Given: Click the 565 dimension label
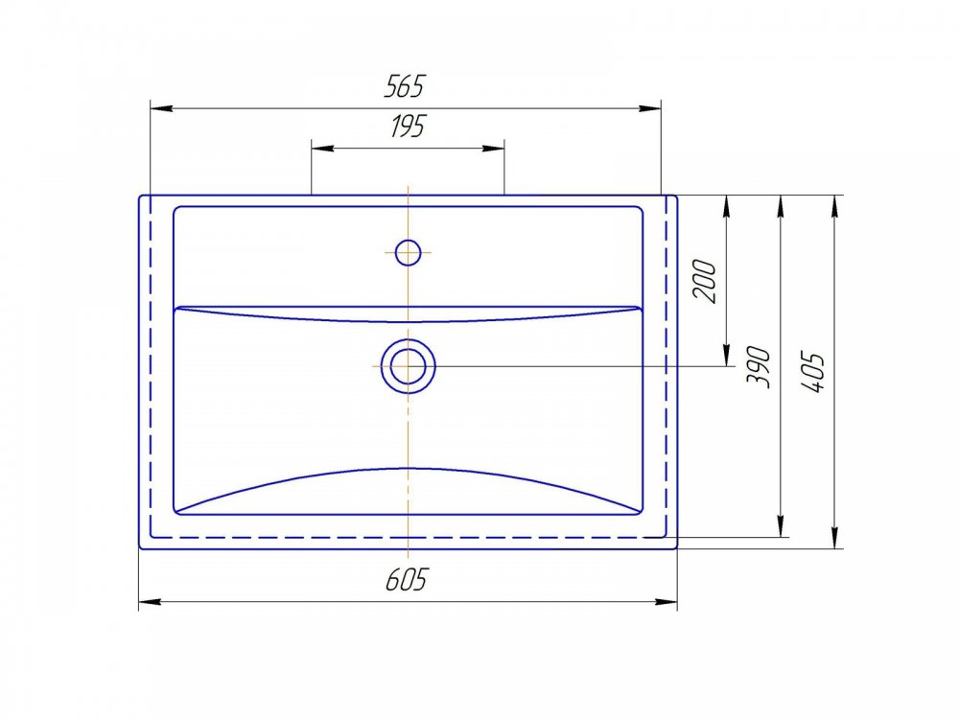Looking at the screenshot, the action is point(404,86).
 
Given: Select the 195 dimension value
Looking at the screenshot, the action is point(408,127).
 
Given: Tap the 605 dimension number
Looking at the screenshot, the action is point(406,580).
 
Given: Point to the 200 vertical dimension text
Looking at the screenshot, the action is point(704,281).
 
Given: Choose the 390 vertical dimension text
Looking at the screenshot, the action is point(759,366).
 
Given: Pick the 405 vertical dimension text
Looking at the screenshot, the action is point(813,372).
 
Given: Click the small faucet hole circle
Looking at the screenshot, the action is point(408,252).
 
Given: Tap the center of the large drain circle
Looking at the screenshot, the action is point(408,366).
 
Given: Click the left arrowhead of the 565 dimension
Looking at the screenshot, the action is point(161,109).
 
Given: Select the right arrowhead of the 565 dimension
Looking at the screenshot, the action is point(650,109).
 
